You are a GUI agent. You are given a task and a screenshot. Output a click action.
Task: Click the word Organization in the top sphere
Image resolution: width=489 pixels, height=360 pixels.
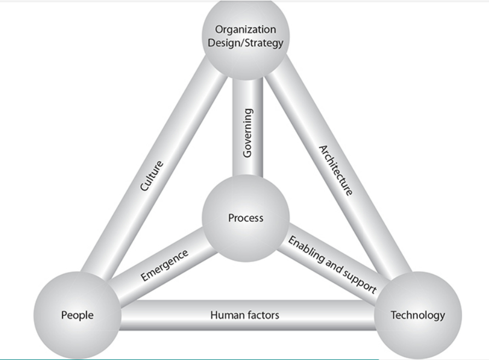click(x=245, y=30)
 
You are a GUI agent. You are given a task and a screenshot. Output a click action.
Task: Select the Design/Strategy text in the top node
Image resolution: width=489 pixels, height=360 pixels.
click(x=245, y=42)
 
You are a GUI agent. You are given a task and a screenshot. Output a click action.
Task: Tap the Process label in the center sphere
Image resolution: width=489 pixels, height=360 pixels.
click(x=245, y=218)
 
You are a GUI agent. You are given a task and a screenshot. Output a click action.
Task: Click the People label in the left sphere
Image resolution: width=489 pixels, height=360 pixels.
click(x=77, y=315)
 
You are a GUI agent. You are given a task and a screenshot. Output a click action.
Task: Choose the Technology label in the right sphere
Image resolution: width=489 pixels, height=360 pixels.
click(x=417, y=315)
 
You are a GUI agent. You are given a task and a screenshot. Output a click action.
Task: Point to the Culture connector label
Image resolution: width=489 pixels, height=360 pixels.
click(x=152, y=176)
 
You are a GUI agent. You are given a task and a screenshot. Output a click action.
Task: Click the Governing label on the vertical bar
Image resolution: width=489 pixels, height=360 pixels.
click(x=248, y=133)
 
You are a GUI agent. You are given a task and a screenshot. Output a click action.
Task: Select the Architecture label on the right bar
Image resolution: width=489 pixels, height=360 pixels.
click(x=336, y=170)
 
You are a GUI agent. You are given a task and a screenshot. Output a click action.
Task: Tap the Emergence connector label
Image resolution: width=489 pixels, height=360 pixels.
click(x=164, y=264)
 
